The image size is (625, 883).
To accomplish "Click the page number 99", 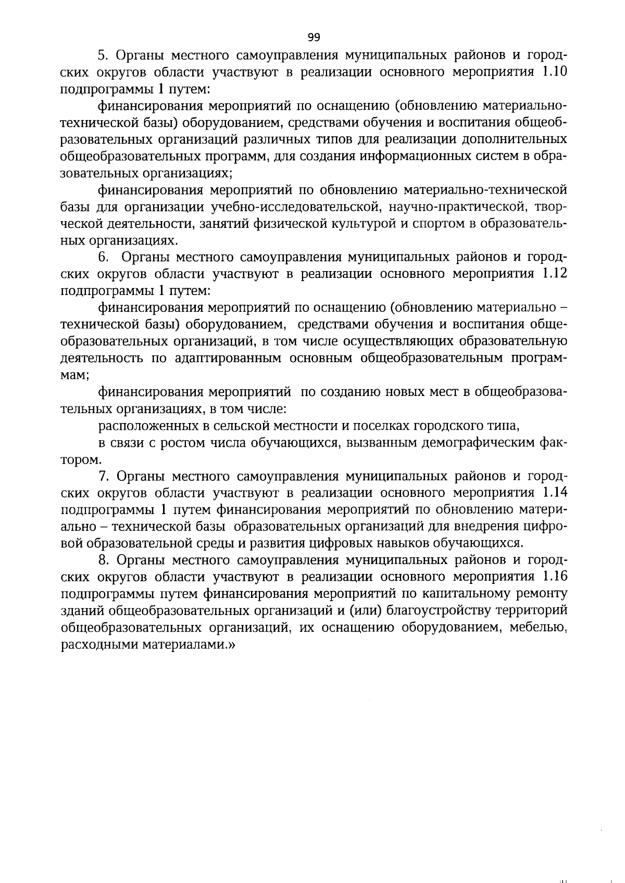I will coord(314,37).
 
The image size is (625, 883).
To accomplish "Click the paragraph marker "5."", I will coord(103,55).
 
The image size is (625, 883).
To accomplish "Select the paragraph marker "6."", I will coord(103,257).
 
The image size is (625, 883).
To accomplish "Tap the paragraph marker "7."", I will coord(103,476).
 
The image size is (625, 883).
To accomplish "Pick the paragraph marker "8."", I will coord(103,560).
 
